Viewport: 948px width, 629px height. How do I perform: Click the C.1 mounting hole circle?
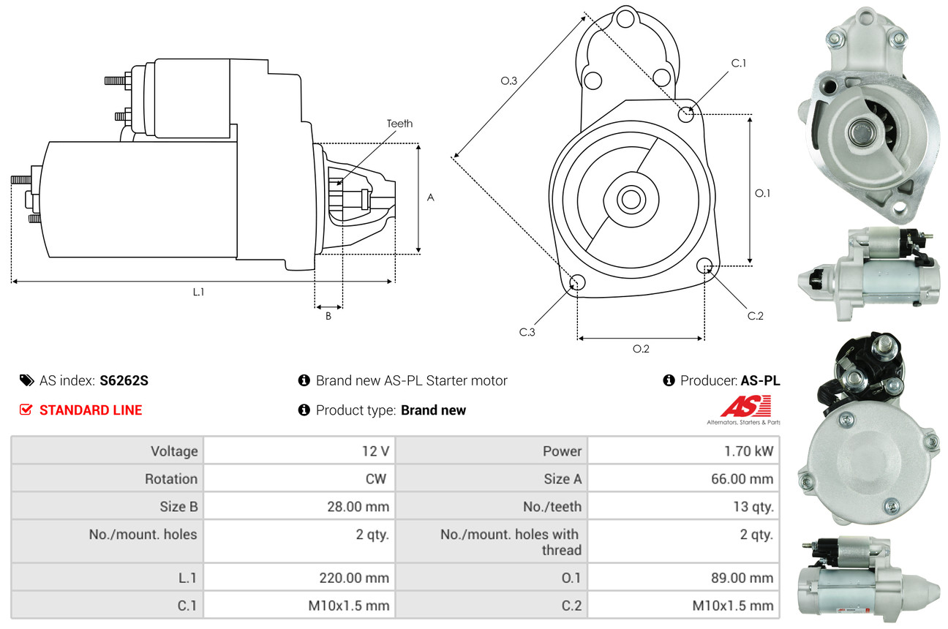[x=686, y=114]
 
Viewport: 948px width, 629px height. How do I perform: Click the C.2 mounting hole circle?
[x=705, y=265]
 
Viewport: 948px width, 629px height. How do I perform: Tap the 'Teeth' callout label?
[x=399, y=124]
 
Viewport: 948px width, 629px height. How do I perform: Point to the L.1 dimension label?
[x=198, y=292]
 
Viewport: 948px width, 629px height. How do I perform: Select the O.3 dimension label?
[x=509, y=81]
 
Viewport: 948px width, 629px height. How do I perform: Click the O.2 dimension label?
[x=641, y=349]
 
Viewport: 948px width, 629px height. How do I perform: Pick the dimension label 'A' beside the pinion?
[x=431, y=197]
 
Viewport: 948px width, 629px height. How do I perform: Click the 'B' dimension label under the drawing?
[x=328, y=316]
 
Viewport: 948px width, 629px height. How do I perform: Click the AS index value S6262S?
[x=124, y=380]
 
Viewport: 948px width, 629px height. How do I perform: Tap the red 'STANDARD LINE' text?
[x=91, y=410]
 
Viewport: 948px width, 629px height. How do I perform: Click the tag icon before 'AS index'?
[x=26, y=380]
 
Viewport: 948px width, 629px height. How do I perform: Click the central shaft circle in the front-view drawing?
[x=629, y=198]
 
